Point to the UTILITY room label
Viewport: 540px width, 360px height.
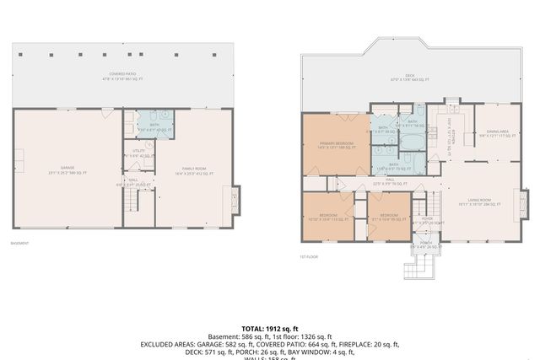[139, 153]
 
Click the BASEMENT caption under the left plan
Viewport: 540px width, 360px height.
[19, 244]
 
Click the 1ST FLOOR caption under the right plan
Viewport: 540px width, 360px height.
[309, 256]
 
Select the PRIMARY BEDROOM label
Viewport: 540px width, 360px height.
[337, 146]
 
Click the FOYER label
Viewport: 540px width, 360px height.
[427, 220]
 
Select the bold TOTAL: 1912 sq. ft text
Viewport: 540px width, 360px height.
[270, 328]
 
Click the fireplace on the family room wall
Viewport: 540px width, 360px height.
[235, 201]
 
